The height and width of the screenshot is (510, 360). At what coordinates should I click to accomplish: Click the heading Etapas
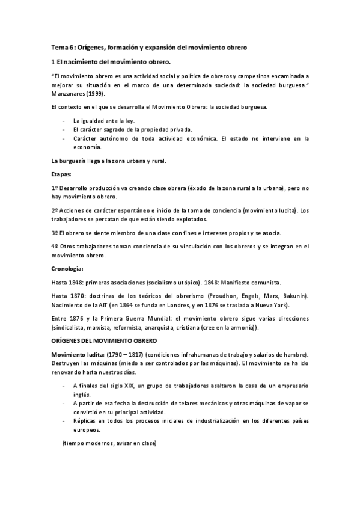pos(61,174)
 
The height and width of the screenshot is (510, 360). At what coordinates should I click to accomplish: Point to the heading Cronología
pos(67,268)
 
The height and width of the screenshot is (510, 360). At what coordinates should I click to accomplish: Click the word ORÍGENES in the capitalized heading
pos(68,340)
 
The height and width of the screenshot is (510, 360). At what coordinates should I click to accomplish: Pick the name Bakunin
pos(293,296)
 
